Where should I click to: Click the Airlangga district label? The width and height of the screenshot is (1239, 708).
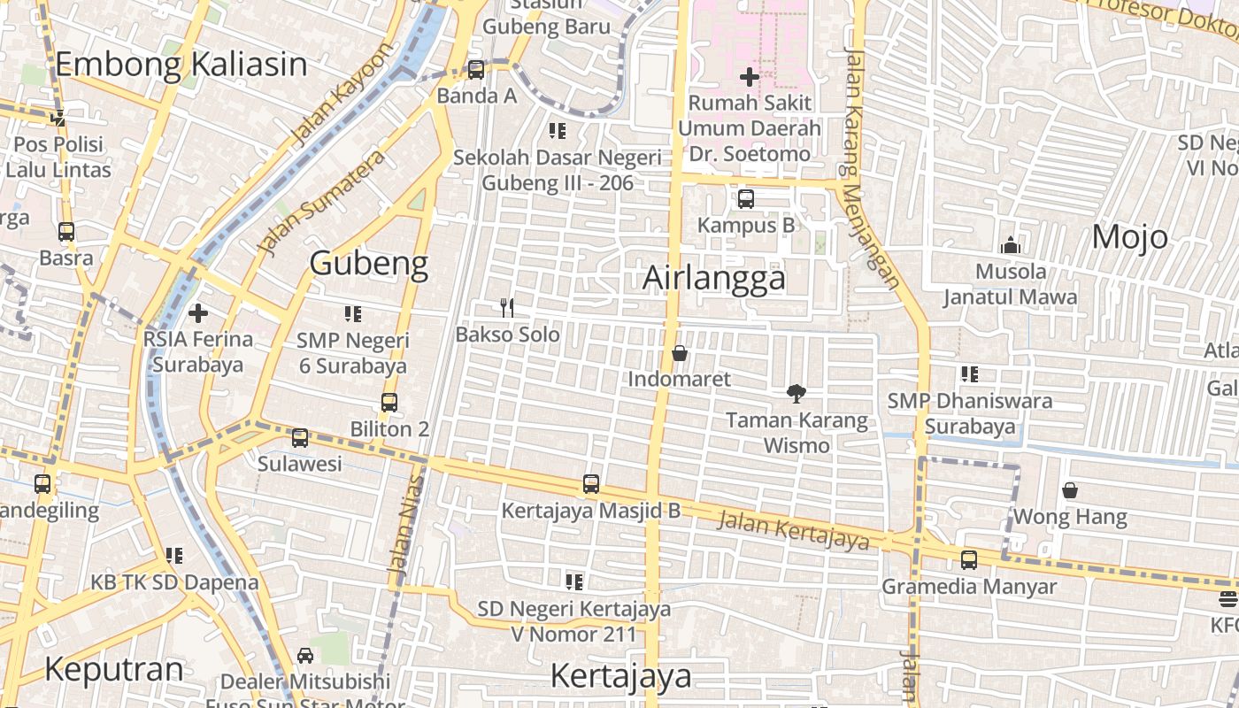[713, 278]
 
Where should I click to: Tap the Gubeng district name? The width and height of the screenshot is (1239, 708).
[369, 263]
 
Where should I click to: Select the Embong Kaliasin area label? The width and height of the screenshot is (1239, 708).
[181, 65]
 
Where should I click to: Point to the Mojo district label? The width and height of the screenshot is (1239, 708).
[1129, 237]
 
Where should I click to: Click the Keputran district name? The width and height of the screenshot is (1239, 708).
[114, 669]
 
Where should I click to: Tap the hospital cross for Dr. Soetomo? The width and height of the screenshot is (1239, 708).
[750, 77]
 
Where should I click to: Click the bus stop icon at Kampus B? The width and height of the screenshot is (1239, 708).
[746, 199]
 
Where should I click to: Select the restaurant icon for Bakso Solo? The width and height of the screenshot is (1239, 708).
[507, 308]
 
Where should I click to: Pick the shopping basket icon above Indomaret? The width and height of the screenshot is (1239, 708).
[680, 353]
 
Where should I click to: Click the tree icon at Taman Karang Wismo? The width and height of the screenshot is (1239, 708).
[796, 394]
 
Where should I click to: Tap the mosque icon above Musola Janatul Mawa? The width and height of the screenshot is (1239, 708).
[1010, 245]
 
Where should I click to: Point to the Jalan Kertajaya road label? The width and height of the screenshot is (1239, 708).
[793, 530]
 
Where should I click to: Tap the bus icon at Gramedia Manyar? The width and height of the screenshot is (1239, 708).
[969, 560]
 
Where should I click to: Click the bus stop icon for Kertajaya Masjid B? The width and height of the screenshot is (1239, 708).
[591, 484]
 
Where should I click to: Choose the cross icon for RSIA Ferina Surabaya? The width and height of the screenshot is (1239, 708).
[198, 312]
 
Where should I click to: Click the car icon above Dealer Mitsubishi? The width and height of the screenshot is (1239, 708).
[305, 656]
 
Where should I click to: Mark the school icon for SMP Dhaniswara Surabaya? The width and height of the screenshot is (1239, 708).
[970, 374]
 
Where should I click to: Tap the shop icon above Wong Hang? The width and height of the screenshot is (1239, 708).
[1070, 489]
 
